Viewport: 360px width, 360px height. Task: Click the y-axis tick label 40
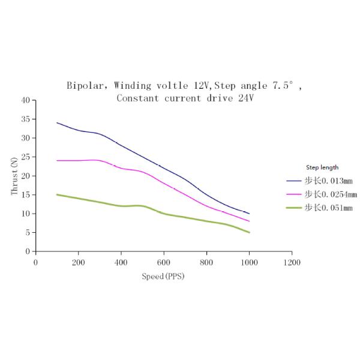pyautogui.click(x=25, y=100)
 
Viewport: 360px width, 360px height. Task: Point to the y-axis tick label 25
pyautogui.click(x=25, y=157)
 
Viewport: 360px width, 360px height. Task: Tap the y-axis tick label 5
pyautogui.click(x=27, y=232)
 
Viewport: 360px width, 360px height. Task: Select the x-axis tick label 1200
pyautogui.click(x=292, y=262)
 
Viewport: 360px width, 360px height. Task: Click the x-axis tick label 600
pyautogui.click(x=164, y=262)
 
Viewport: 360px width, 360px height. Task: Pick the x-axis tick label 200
pyautogui.click(x=78, y=262)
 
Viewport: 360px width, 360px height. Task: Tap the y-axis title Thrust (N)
pyautogui.click(x=14, y=176)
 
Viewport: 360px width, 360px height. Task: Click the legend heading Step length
pyautogui.click(x=322, y=167)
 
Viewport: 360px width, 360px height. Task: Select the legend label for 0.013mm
pyautogui.click(x=328, y=180)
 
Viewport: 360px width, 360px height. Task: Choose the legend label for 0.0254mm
pyautogui.click(x=331, y=194)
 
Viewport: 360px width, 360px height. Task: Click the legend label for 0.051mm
pyautogui.click(x=328, y=208)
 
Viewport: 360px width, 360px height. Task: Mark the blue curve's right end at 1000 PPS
pyautogui.click(x=249, y=214)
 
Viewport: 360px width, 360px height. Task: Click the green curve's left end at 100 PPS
pyautogui.click(x=57, y=194)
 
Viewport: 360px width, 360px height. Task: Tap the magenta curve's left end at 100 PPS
pyautogui.click(x=57, y=160)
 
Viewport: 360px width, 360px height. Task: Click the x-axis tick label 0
pyautogui.click(x=35, y=262)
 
